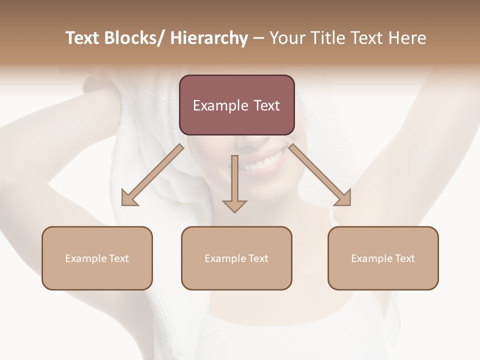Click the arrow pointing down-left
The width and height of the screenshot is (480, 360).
[x=152, y=175]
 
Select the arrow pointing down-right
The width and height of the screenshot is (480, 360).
[x=320, y=175]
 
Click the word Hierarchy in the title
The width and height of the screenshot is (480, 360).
[x=209, y=38]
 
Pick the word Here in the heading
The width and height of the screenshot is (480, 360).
[x=408, y=38]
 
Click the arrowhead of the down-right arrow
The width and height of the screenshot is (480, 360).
[x=344, y=198]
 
